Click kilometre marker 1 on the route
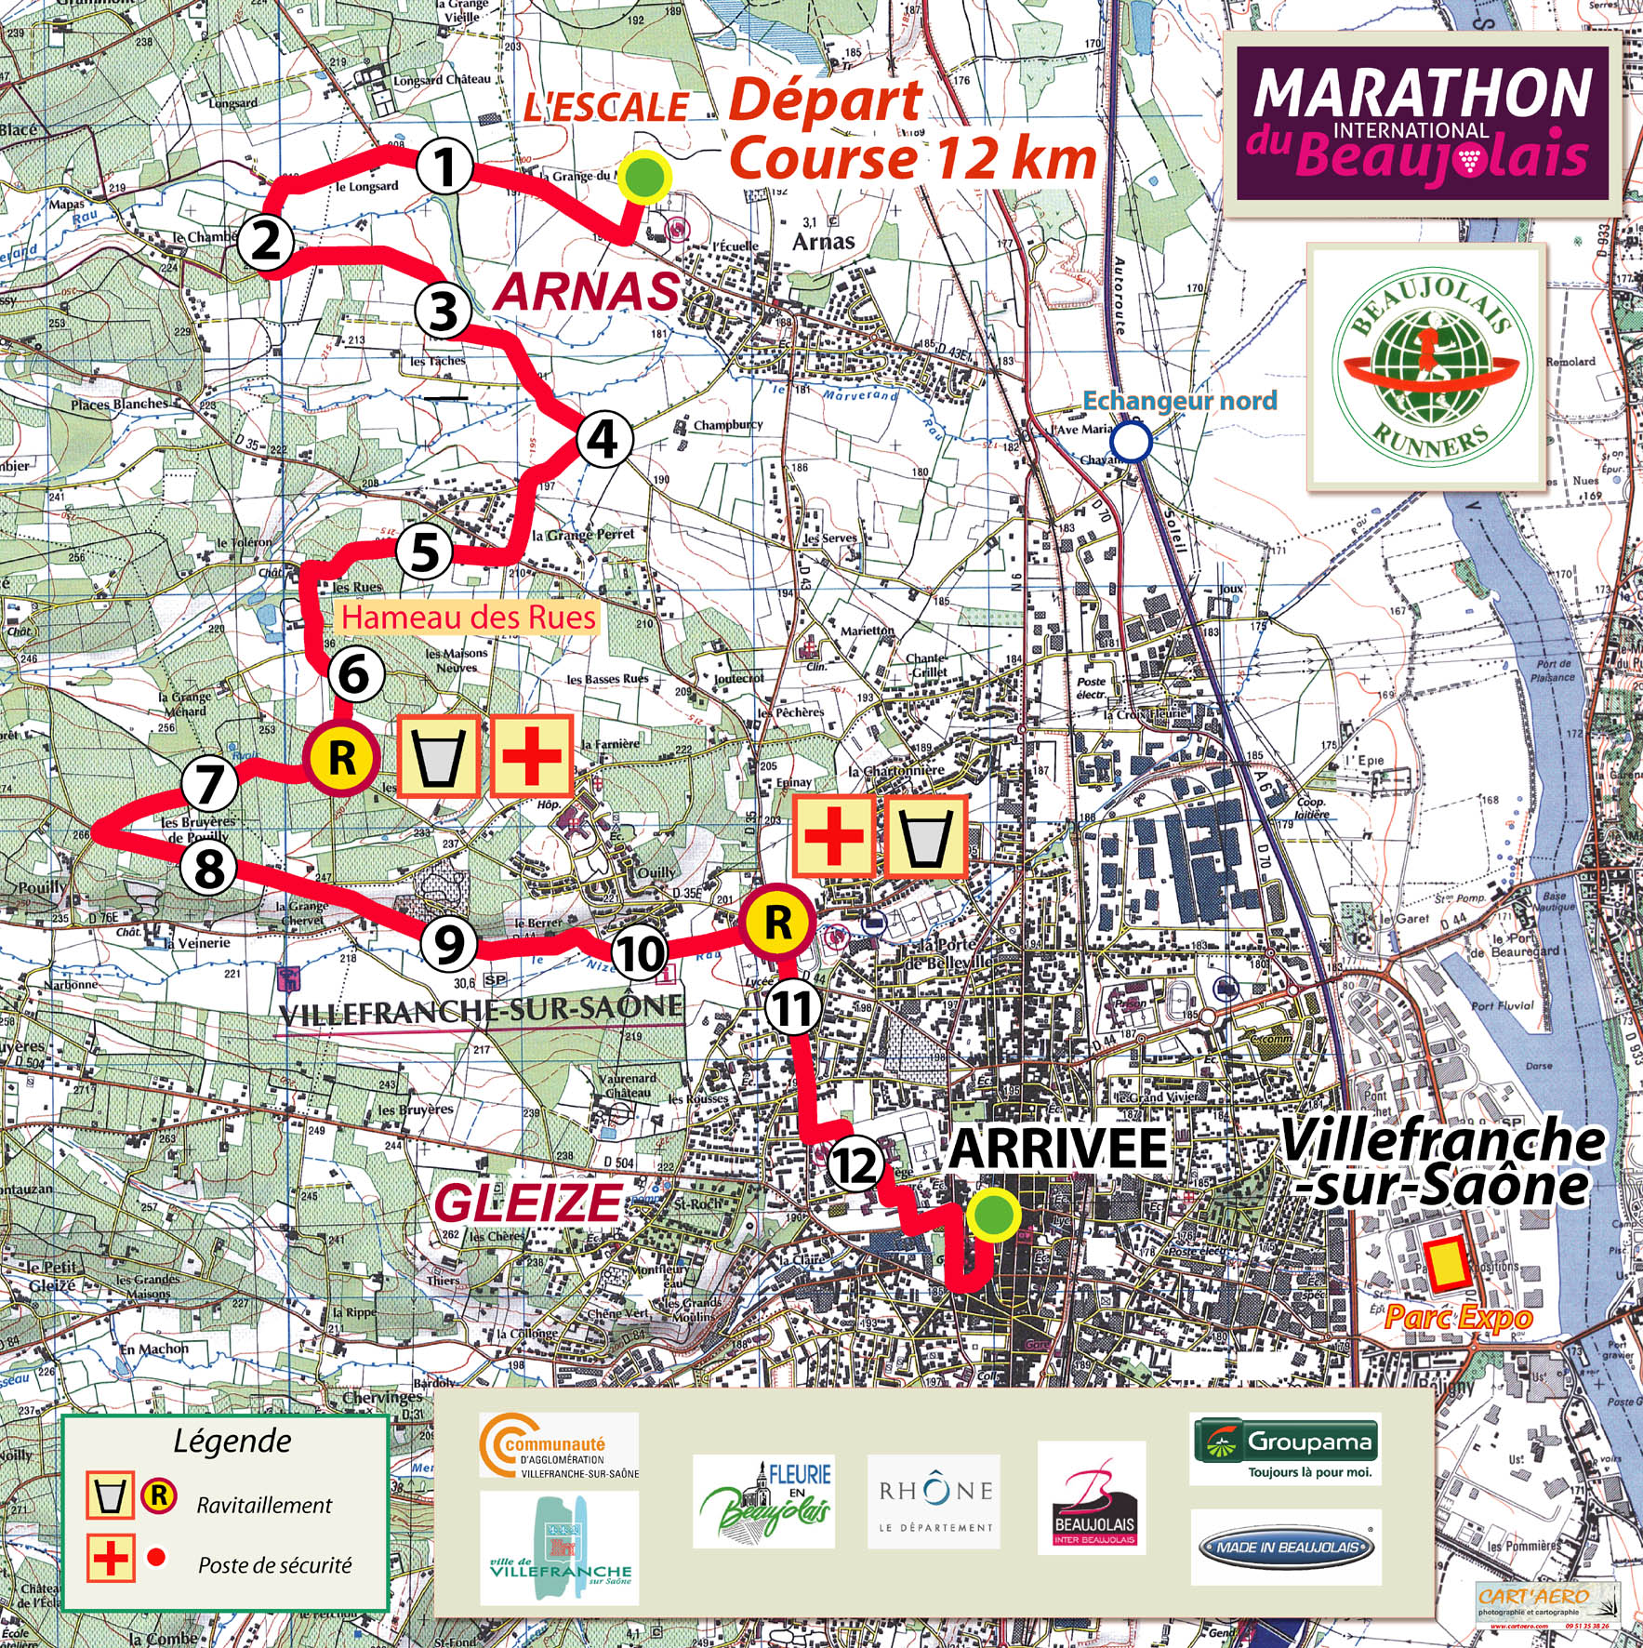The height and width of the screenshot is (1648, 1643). coord(445,168)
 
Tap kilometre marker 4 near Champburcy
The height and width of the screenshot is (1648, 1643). coord(603,439)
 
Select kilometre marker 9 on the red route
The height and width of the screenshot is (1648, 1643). coord(449,944)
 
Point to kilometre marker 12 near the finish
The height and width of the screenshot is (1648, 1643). coord(854,1164)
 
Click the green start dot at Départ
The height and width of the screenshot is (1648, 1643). coord(644,177)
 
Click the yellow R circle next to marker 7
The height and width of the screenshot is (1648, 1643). coord(341,759)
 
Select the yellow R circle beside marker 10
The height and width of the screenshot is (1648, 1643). coord(777,923)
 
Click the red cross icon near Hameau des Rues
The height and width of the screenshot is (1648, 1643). coord(531,756)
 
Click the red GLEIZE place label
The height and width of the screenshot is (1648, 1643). coord(527,1204)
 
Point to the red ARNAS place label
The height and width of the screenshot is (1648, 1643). coord(587,292)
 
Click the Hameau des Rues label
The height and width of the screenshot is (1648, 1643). coord(469,618)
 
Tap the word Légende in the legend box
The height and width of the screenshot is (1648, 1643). coord(232,1442)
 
